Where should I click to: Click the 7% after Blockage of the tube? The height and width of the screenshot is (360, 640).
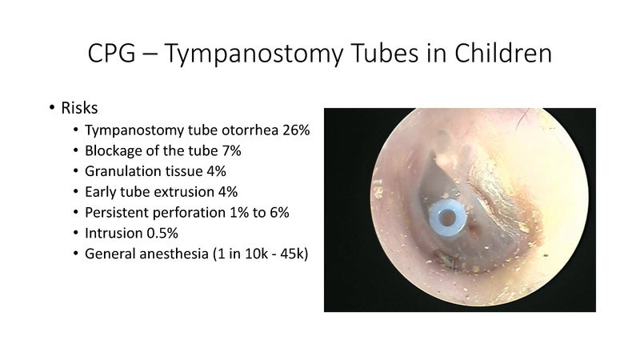click(x=204, y=150)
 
